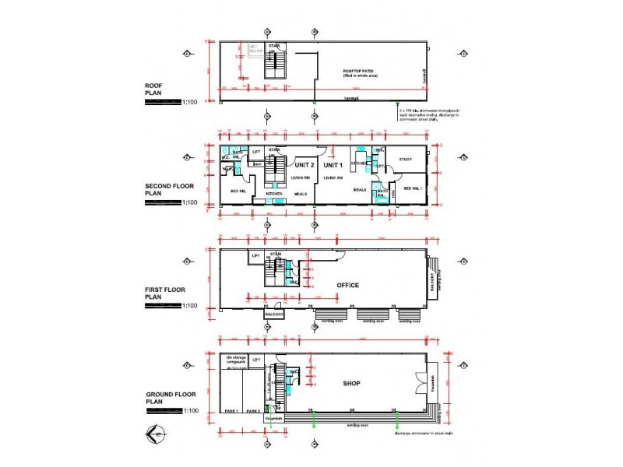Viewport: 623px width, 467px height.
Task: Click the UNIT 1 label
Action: (x=333, y=165)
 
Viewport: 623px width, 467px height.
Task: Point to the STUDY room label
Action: (x=405, y=160)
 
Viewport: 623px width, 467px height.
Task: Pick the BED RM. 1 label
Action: (x=413, y=189)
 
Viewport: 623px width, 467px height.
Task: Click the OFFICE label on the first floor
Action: (x=348, y=285)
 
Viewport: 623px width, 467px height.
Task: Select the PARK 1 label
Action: (x=231, y=410)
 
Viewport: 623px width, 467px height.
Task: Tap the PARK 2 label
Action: (x=253, y=410)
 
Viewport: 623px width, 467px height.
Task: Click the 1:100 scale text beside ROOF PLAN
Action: (x=191, y=102)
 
